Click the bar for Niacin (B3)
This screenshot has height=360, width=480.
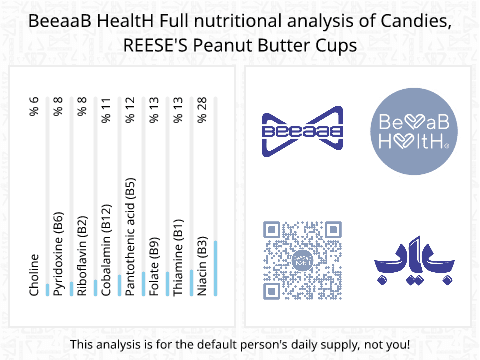pos(215,268)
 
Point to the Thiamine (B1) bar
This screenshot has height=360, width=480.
pos(191,283)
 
